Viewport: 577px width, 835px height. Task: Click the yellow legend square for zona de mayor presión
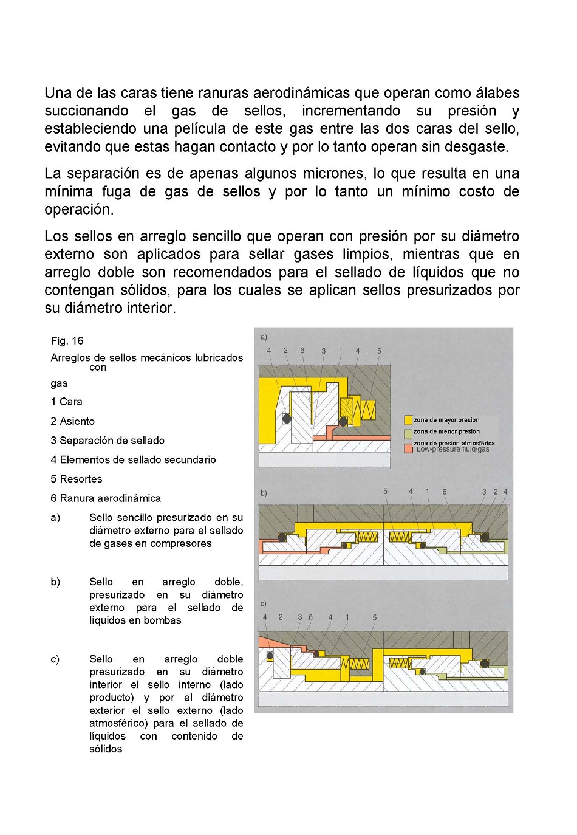(408, 420)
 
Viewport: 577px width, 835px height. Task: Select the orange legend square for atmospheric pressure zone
(408, 448)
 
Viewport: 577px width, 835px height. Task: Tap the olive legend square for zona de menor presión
(408, 434)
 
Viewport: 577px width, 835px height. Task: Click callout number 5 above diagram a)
(379, 351)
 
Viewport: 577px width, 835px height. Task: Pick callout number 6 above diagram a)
(302, 351)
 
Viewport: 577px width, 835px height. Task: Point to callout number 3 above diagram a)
(323, 351)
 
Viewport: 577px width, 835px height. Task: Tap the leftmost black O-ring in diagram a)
(287, 418)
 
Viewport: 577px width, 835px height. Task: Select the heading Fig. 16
(67, 341)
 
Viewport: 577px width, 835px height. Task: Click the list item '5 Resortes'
(77, 479)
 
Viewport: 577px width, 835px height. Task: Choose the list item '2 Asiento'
(72, 421)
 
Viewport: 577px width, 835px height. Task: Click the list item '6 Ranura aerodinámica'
(106, 498)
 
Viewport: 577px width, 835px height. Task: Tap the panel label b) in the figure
(264, 493)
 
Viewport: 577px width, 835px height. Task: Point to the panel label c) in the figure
(264, 603)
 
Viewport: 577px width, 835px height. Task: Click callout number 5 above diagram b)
(385, 492)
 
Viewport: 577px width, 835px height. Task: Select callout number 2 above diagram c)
(281, 617)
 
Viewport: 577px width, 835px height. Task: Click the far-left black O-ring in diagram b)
(282, 537)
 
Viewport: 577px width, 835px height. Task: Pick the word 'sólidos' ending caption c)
(106, 749)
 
